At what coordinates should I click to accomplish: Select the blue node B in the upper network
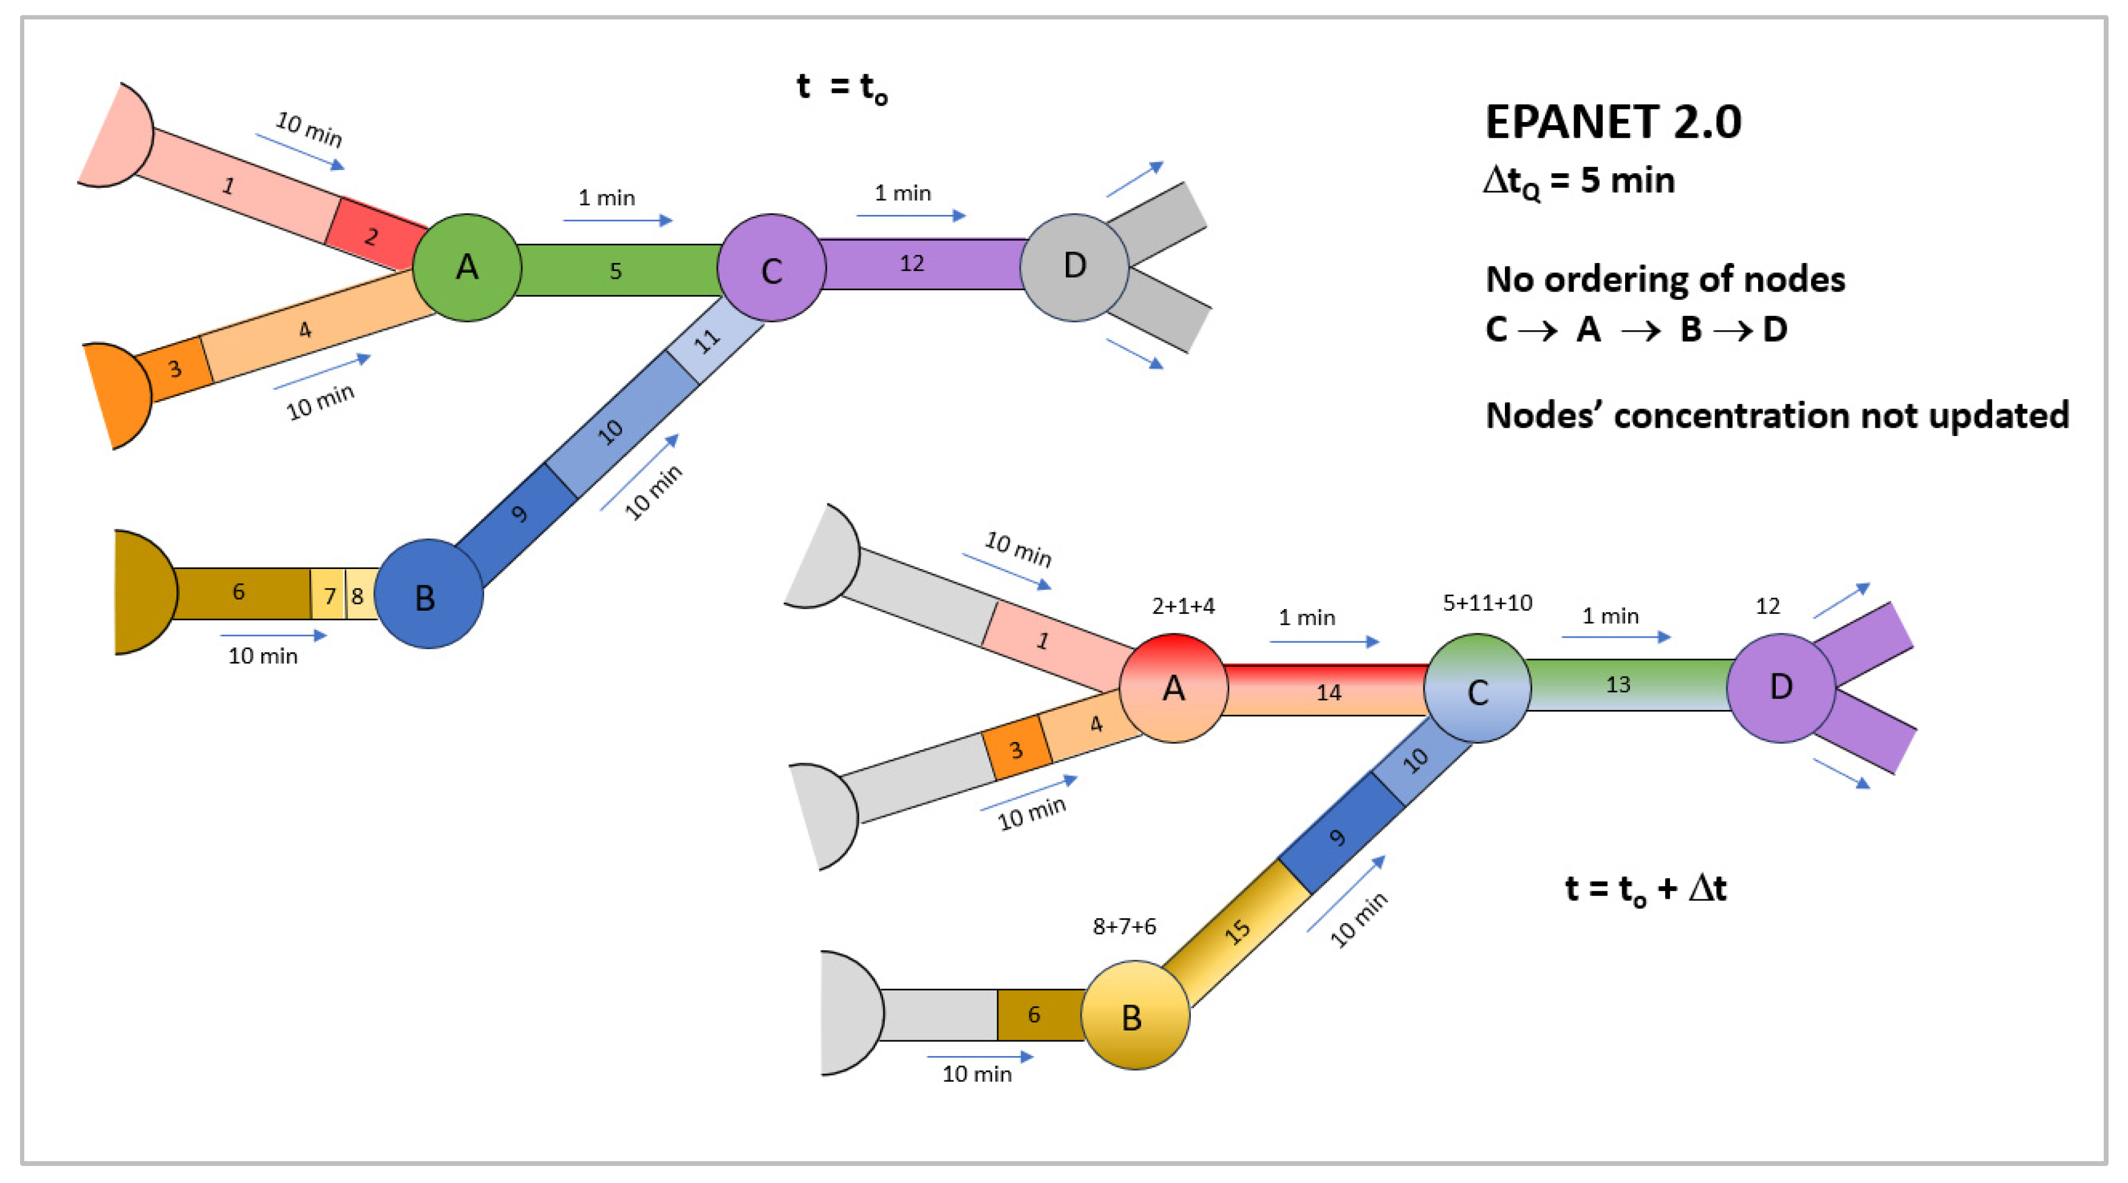coord(428,594)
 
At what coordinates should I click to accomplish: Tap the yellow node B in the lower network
coord(1135,1015)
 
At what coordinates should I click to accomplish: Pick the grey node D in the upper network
coord(1074,267)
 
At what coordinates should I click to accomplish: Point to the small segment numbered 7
coord(329,595)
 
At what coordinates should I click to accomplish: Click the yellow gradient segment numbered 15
coord(1236,932)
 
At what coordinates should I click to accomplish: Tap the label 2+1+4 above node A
coord(1183,606)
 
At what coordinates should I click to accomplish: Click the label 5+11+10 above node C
coord(1487,603)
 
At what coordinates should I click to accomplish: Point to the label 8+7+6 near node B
coord(1124,927)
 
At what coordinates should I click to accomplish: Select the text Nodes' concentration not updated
coord(1776,415)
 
